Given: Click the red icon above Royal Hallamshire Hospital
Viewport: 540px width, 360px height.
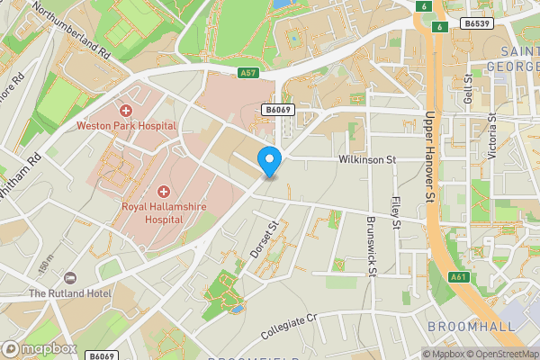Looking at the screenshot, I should pos(164,191).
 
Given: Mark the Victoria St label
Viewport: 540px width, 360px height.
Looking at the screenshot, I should pos(491,136).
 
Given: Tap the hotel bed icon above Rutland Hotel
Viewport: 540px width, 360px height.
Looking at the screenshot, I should pos(70,276).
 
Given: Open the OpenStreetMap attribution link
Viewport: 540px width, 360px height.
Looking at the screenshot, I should pos(501,354).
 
